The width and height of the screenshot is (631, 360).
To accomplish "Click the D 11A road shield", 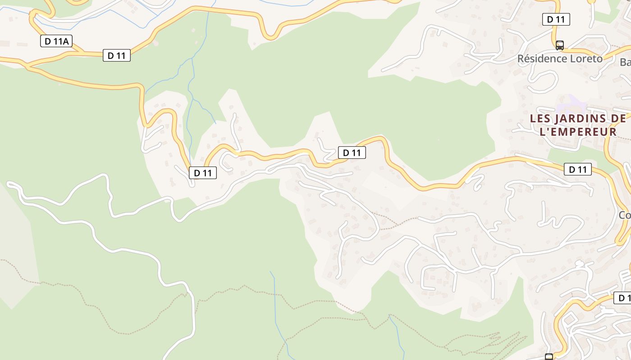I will (x=56, y=41).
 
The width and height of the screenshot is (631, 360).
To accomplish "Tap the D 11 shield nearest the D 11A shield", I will (x=117, y=55).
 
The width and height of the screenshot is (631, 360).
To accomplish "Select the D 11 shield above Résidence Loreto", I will (x=556, y=19).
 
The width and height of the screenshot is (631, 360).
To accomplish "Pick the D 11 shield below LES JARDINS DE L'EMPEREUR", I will (x=578, y=169).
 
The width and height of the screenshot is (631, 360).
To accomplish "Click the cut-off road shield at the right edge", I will (x=623, y=298).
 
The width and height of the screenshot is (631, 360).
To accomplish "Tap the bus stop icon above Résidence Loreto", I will (x=559, y=45).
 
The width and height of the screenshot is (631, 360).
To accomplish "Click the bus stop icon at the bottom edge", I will (x=549, y=357).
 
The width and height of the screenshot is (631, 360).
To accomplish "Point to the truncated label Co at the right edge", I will (x=625, y=215).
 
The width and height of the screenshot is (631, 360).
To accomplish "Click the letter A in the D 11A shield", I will (x=66, y=41).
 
